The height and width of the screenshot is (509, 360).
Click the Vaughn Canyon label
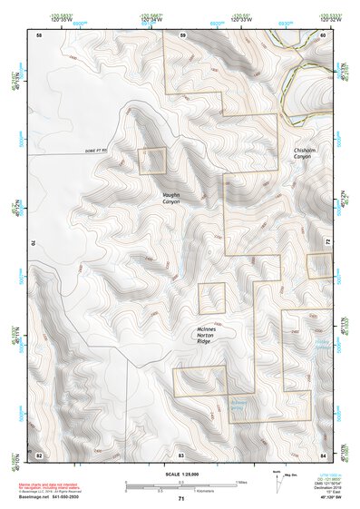(172, 197)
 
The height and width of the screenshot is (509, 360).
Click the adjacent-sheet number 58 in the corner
(38, 35)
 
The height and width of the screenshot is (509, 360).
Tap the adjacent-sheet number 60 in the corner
(323, 35)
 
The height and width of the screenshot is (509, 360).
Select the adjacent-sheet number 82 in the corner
(38, 453)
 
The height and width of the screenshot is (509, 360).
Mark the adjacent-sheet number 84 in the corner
(323, 453)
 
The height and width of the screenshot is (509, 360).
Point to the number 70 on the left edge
(35, 243)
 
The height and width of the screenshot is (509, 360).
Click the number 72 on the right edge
(326, 243)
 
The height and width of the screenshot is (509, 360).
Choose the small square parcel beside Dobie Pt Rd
(152, 162)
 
